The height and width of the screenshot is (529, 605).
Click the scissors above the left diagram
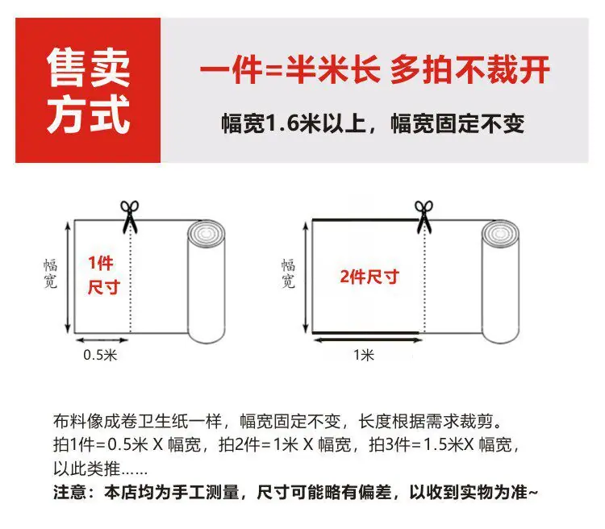(x=130, y=216)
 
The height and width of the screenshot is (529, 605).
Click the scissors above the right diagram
(x=424, y=217)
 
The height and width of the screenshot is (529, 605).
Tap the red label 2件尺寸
(x=369, y=277)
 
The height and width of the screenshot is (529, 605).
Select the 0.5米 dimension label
(x=100, y=355)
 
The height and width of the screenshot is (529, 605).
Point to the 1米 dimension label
(x=364, y=355)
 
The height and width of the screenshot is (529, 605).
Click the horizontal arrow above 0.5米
(x=102, y=340)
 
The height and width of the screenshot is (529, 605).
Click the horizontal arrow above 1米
(x=368, y=340)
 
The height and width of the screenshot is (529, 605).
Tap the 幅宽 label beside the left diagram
(x=51, y=273)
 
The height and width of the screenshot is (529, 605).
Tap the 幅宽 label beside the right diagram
(x=288, y=273)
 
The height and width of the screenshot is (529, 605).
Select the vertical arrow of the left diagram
(x=68, y=277)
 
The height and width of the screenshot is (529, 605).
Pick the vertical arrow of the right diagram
(x=306, y=277)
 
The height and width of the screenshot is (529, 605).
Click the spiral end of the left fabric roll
(x=206, y=234)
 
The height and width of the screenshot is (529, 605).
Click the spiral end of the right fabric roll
(x=500, y=234)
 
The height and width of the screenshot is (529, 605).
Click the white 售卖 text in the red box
(x=89, y=68)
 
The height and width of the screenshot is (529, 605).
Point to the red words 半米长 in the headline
(x=333, y=70)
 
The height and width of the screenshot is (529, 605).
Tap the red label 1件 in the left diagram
(x=101, y=263)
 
